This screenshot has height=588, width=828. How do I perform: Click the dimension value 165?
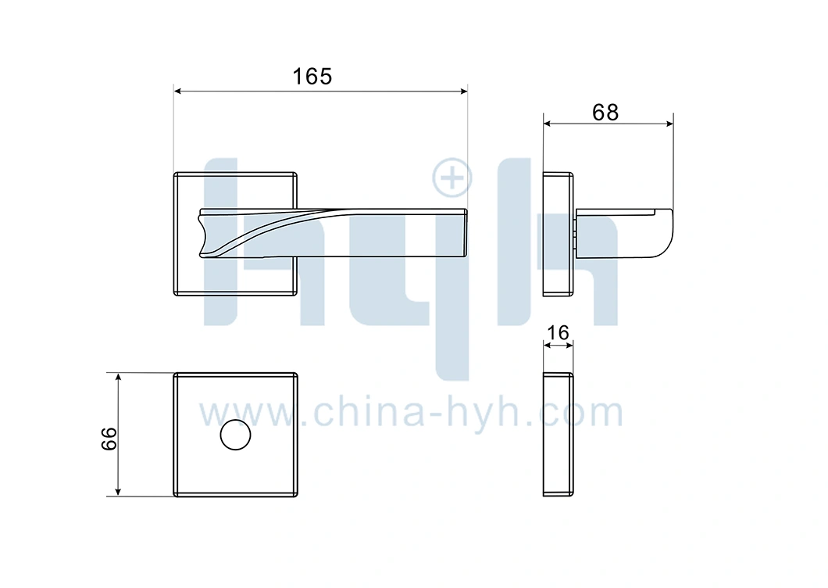tap(312, 77)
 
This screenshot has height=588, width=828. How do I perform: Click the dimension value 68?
tap(605, 113)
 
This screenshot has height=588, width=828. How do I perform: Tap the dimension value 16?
tap(559, 333)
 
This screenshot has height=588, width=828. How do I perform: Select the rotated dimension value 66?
tap(109, 439)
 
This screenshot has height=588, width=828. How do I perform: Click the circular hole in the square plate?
tap(236, 435)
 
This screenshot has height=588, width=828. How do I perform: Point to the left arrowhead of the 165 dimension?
tap(177, 91)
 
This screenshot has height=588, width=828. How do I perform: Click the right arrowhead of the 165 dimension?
tap(464, 91)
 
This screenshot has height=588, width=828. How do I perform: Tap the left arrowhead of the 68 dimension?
tap(547, 124)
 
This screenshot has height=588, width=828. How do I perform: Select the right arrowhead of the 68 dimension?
tap(669, 124)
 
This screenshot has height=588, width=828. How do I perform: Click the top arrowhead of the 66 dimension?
tap(118, 376)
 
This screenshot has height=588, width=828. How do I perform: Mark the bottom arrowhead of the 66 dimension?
tap(118, 493)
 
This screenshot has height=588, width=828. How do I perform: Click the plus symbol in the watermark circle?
tap(452, 177)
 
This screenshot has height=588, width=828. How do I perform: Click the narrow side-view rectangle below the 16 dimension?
tap(559, 435)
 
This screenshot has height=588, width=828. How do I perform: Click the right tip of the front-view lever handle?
tap(467, 233)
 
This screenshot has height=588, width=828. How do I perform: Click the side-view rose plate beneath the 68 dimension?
tap(559, 234)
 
